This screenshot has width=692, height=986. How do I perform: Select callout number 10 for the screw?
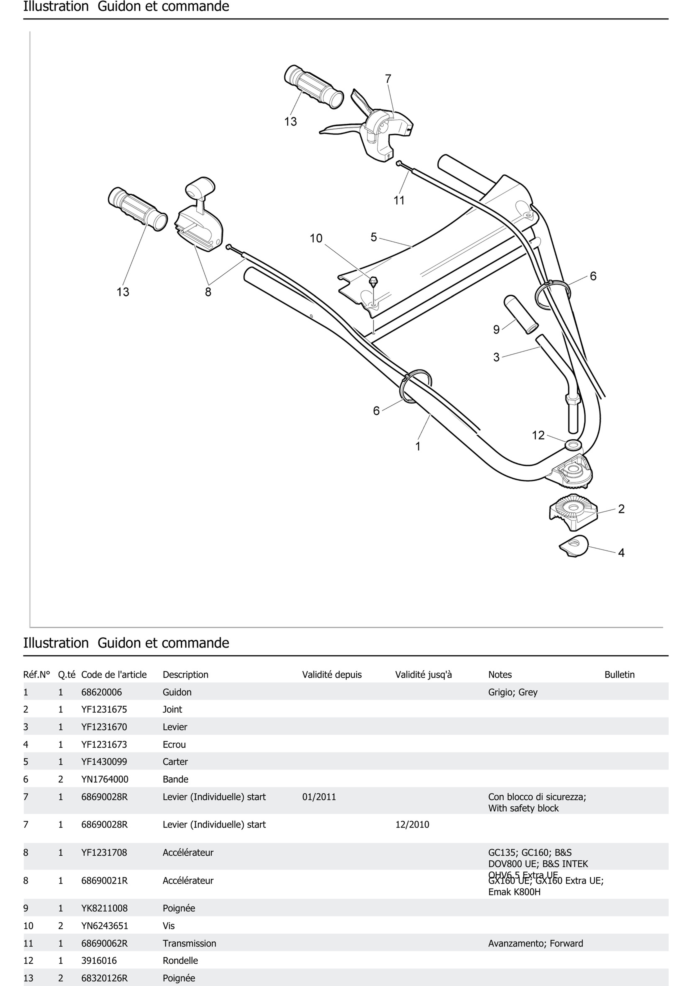pos(316,238)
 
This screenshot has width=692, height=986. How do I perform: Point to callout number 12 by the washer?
pos(538,435)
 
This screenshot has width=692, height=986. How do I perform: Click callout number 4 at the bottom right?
pos(621,553)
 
